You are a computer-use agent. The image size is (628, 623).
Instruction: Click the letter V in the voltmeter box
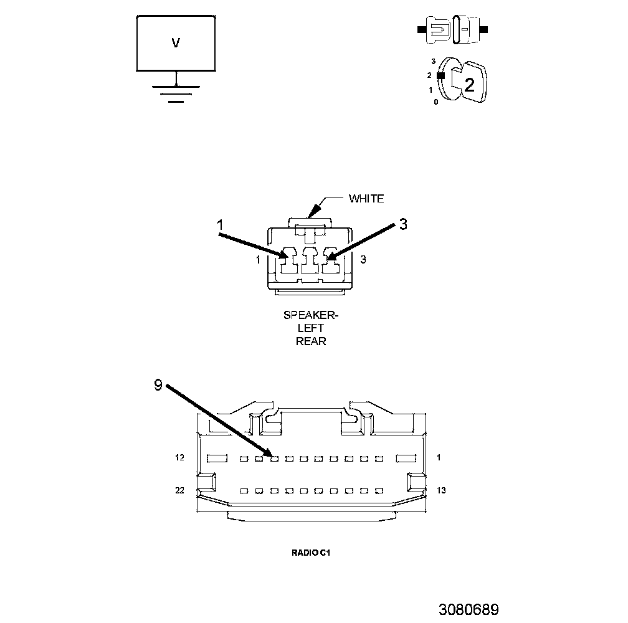click(x=176, y=43)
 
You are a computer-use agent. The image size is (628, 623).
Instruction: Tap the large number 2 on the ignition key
click(x=469, y=84)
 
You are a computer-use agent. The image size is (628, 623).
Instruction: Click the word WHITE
click(x=366, y=199)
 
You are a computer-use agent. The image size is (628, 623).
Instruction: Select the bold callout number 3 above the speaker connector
click(x=403, y=224)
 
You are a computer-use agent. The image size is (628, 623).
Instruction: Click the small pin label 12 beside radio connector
click(x=180, y=458)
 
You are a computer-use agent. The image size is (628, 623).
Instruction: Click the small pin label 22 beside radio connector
click(x=180, y=491)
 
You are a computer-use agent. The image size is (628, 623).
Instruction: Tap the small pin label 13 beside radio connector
click(x=441, y=491)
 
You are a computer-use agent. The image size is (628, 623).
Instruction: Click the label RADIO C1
click(x=310, y=552)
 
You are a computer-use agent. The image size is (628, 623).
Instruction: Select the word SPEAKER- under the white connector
click(x=312, y=315)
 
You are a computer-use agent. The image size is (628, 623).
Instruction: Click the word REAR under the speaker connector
click(x=312, y=341)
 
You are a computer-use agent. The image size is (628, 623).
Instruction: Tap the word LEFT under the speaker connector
click(x=312, y=328)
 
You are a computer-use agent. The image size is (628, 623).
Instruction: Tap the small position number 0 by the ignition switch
click(x=436, y=102)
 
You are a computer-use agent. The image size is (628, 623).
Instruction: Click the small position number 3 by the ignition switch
click(x=432, y=62)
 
